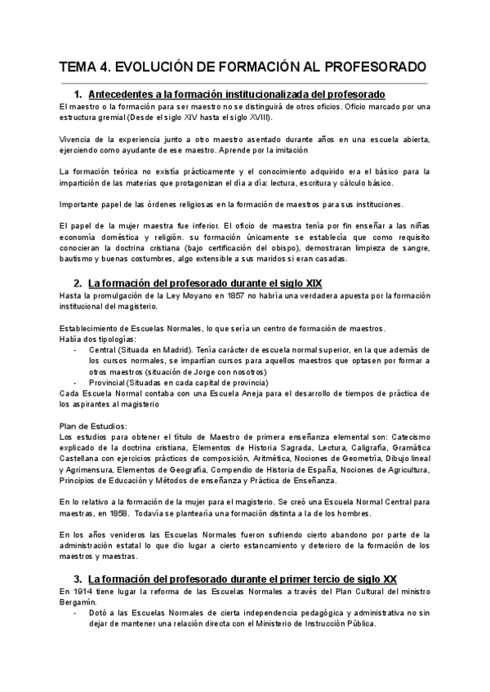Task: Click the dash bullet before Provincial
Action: pos(75,383)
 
